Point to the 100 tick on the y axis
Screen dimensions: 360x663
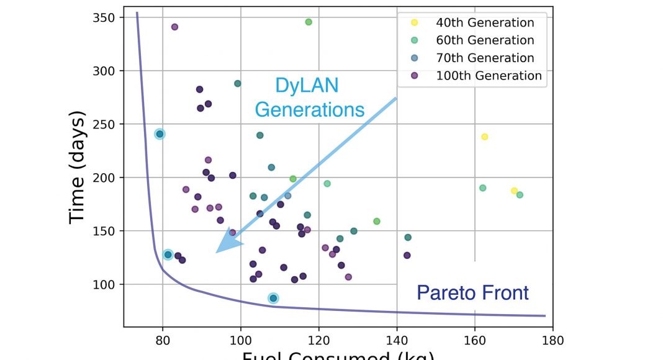pos(107,284)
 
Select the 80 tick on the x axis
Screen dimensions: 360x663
pos(163,340)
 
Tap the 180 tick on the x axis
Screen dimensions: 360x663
pos(552,340)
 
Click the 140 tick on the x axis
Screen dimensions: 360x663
pos(397,340)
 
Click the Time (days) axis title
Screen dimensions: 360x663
pos(78,168)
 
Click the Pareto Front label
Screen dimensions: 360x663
pos(472,292)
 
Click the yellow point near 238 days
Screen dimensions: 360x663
pos(485,137)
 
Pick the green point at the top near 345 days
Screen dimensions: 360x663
pos(309,22)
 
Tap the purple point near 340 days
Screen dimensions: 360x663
pos(174,27)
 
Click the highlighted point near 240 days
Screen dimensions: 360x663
pos(160,134)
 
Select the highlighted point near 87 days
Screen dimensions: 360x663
pos(273,299)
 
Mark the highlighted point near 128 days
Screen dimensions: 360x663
pos(168,254)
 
